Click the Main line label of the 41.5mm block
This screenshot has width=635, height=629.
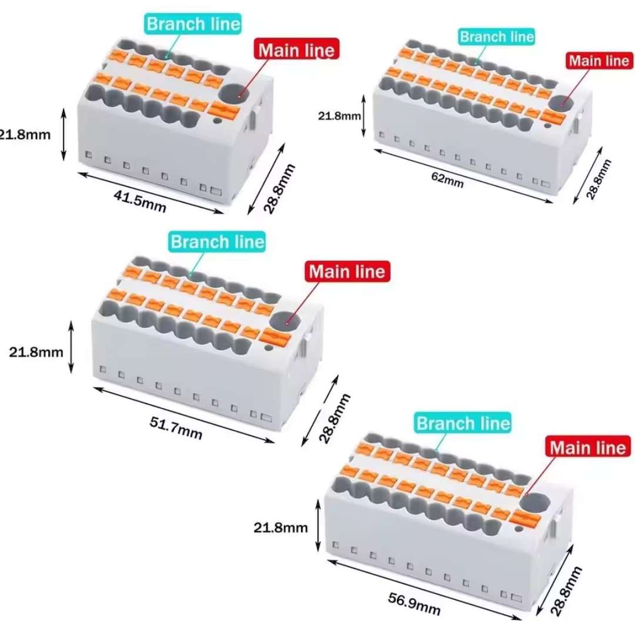[296, 50]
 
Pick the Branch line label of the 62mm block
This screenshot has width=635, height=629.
[497, 36]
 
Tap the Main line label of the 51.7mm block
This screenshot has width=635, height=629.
[347, 272]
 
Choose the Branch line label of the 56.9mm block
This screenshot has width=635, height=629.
[463, 423]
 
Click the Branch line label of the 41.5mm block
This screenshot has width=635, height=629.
[193, 24]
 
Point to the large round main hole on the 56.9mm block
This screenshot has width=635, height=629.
[537, 502]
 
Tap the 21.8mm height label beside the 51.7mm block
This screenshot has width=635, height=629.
[36, 352]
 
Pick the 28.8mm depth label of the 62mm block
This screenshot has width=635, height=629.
[598, 179]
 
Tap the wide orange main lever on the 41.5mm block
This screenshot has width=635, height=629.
[226, 109]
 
